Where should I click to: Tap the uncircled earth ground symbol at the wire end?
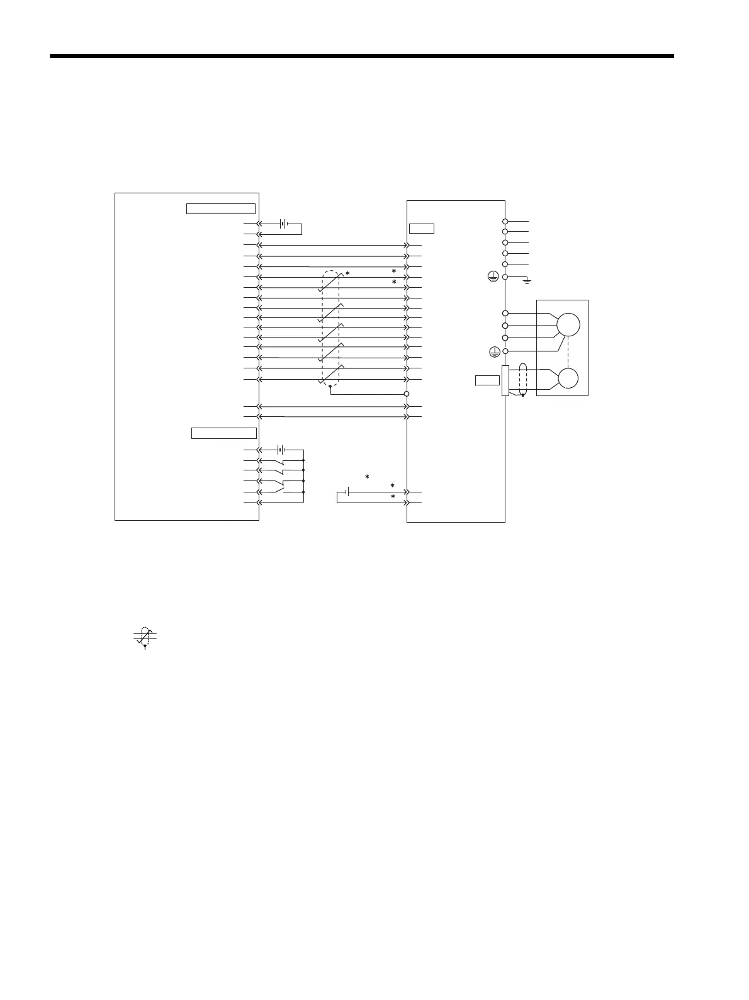(526, 279)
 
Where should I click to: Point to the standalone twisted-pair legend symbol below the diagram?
(145, 637)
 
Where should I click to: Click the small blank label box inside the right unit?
(421, 228)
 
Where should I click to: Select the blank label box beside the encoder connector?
(487, 380)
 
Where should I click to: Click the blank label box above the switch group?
(223, 433)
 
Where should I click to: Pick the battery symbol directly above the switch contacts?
(283, 450)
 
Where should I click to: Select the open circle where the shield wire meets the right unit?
(407, 394)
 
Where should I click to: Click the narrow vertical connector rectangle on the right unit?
(504, 380)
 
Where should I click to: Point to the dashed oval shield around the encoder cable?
(522, 380)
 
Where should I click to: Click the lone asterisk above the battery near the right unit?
(367, 477)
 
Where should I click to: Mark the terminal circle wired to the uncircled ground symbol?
(505, 276)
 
